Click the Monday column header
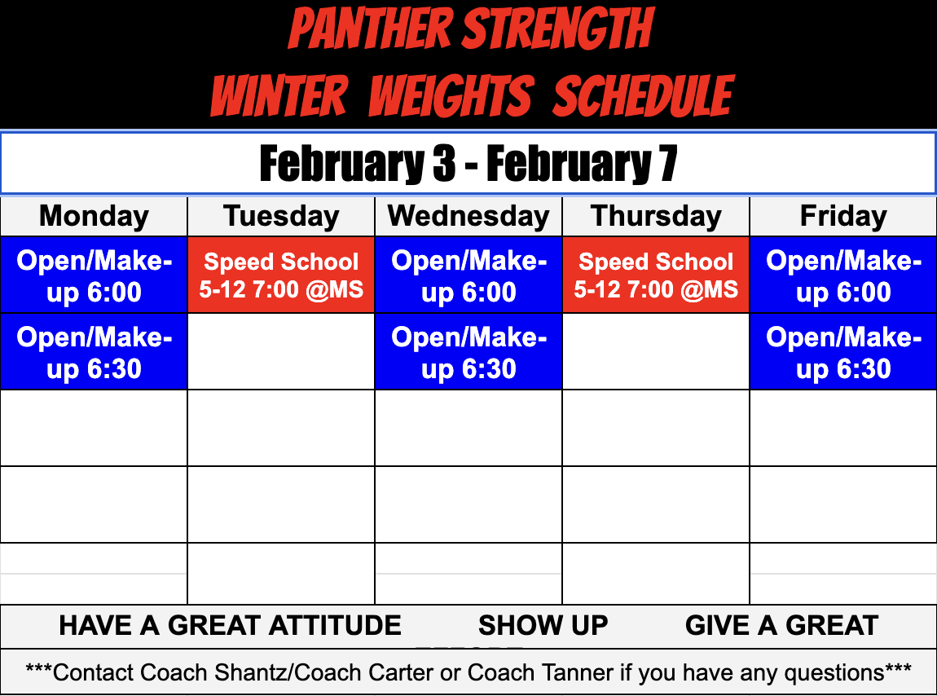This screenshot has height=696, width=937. (94, 216)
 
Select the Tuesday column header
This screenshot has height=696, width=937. (281, 216)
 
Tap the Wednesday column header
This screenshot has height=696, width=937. (468, 216)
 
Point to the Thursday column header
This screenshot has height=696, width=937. (656, 216)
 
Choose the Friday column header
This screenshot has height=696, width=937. (843, 216)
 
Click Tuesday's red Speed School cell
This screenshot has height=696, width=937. (281, 275)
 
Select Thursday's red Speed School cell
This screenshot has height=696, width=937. (656, 275)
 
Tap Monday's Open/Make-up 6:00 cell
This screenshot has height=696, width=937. (94, 275)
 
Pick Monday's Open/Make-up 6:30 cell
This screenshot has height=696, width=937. (94, 352)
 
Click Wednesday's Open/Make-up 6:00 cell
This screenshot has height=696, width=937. (468, 275)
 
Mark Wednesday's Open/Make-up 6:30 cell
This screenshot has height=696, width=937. (468, 352)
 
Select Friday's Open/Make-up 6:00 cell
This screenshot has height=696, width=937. (843, 275)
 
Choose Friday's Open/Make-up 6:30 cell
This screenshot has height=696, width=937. (843, 352)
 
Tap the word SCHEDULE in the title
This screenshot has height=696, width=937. (644, 95)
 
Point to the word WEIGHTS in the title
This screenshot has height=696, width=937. (451, 95)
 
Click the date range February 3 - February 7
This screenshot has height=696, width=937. (468, 164)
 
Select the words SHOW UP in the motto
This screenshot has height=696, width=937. (543, 625)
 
